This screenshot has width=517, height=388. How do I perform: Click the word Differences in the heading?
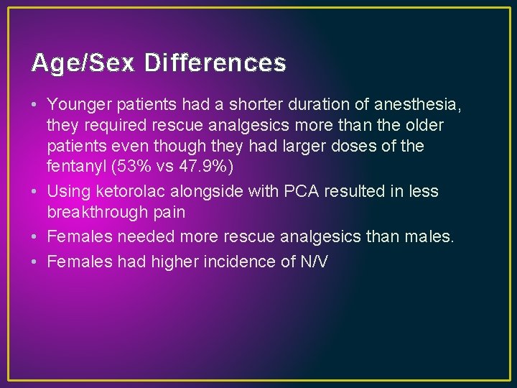coord(215,64)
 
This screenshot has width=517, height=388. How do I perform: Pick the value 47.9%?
coord(208,166)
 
